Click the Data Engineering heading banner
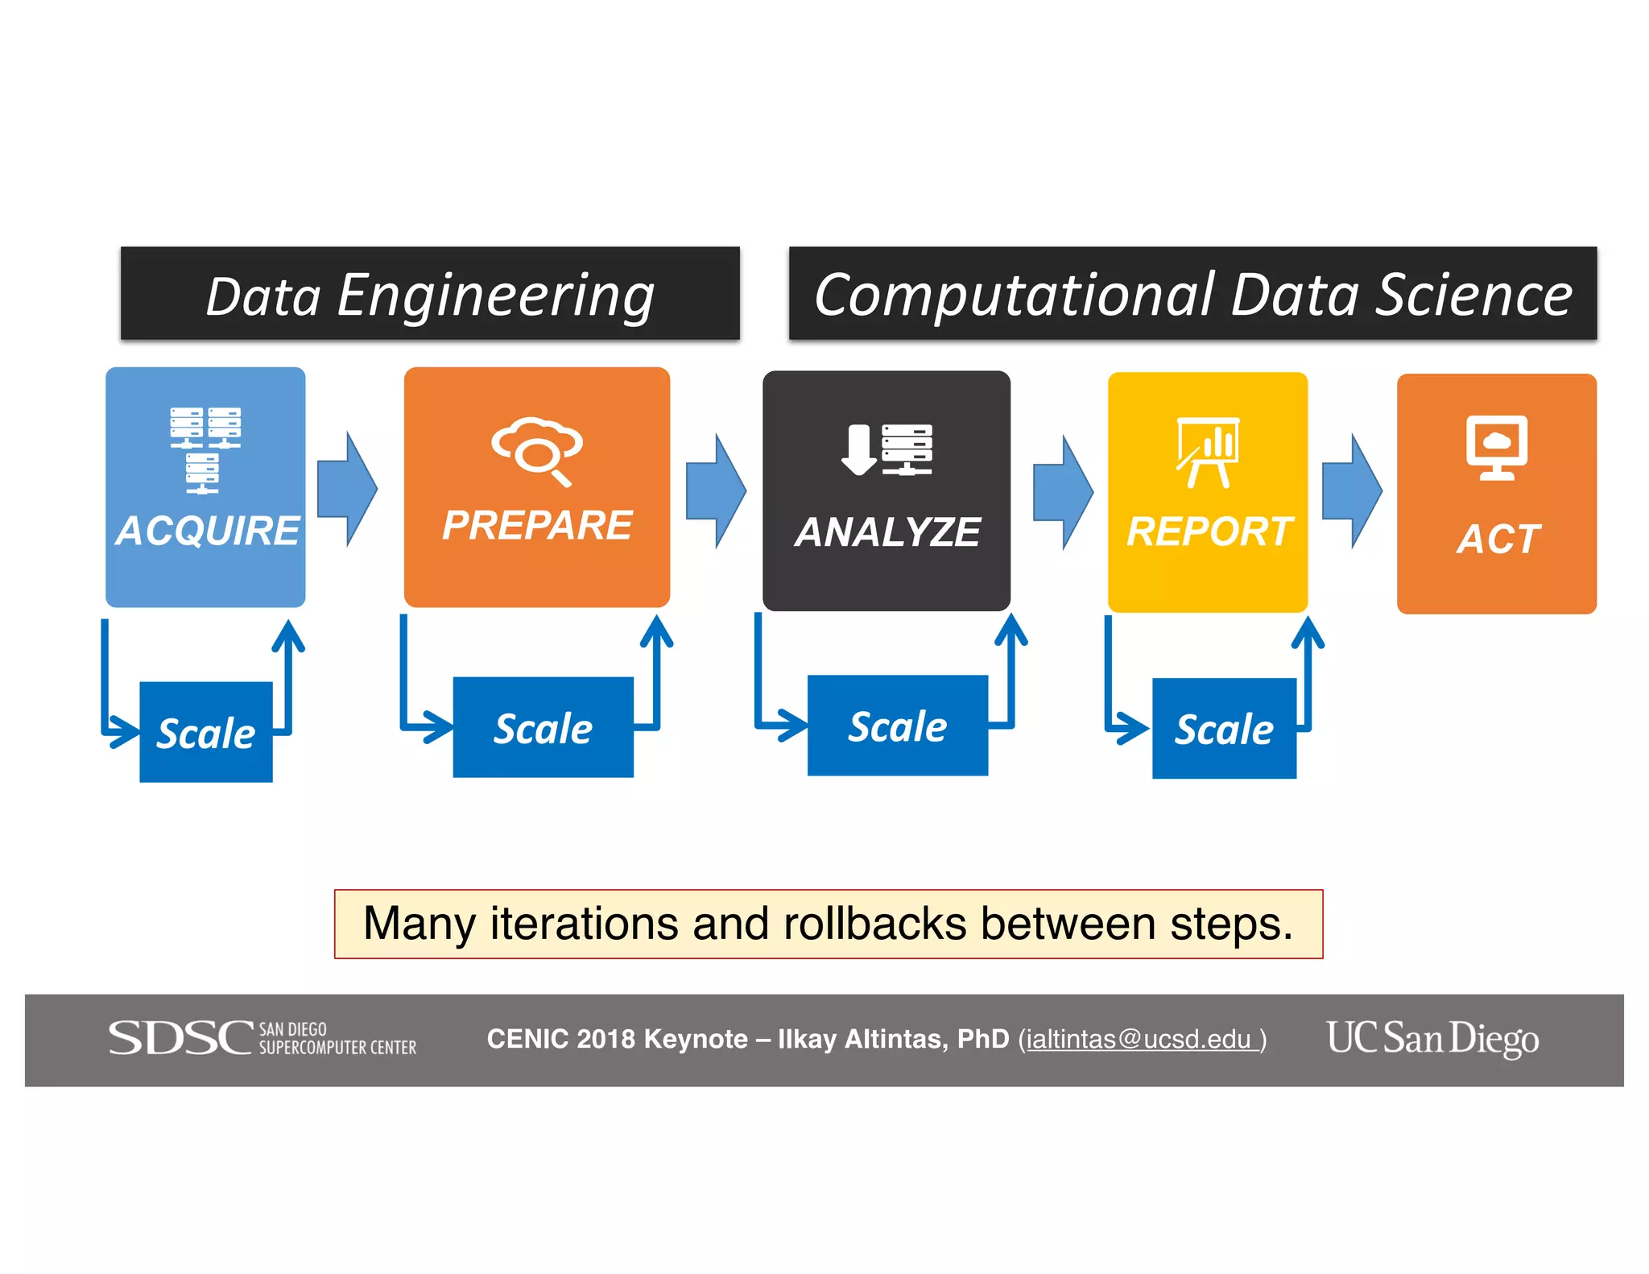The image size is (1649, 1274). [430, 294]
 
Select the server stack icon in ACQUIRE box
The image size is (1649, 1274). [205, 449]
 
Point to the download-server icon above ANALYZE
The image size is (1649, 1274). [886, 449]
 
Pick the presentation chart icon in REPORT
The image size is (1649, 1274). [1208, 452]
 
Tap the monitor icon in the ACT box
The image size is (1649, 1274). [1496, 448]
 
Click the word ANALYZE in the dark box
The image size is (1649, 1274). [887, 532]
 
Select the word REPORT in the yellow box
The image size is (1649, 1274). [1209, 532]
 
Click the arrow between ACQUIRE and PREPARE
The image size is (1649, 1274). [347, 489]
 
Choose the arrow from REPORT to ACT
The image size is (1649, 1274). [1352, 490]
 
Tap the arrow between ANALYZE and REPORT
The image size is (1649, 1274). [1063, 492]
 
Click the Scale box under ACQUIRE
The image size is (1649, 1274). [206, 732]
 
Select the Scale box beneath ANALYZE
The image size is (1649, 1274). [897, 726]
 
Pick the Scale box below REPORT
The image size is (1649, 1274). [1224, 729]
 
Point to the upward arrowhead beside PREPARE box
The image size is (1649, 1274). [657, 631]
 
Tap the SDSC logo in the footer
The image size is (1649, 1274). [262, 1038]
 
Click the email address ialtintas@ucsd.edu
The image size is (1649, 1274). [1139, 1040]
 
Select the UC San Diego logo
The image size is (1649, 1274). [1432, 1038]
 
